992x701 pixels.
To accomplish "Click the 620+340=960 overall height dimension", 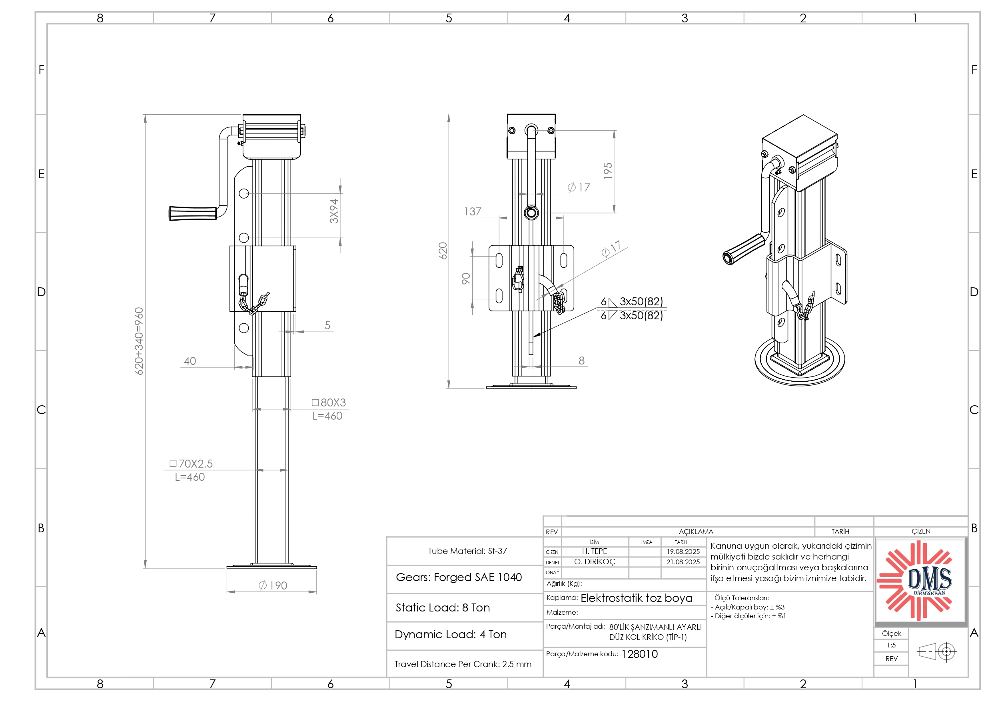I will tap(139, 341).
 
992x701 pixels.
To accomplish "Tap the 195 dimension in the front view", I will tap(607, 171).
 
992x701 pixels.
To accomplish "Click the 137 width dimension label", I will tap(472, 212).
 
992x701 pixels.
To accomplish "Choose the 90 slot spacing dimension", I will tap(466, 279).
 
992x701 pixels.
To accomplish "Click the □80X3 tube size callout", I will tap(329, 402).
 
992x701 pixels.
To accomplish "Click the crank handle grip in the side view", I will tap(193, 213).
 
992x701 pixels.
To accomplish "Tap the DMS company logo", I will tap(920, 580).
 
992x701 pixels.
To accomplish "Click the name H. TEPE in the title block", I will tap(594, 552).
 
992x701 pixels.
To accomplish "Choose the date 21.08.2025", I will tap(683, 562).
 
